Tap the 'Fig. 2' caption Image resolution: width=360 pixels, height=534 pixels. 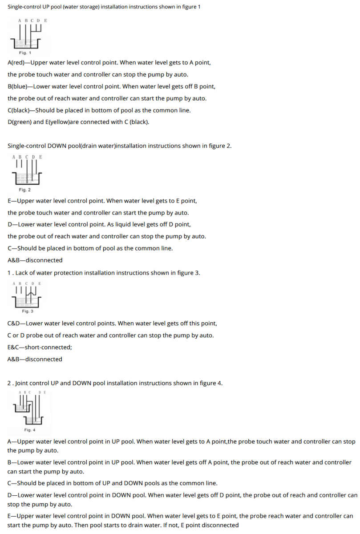pos(25,190)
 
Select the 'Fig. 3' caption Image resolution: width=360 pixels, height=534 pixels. pos(28,311)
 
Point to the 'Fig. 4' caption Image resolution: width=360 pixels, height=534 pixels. pos(30,430)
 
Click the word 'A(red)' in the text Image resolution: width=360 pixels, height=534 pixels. pos(16,63)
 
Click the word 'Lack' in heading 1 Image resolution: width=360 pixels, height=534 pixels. pos(22,273)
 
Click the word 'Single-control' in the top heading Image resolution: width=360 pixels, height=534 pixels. pos(26,8)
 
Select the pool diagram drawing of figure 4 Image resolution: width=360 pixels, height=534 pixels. pos(29,409)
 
